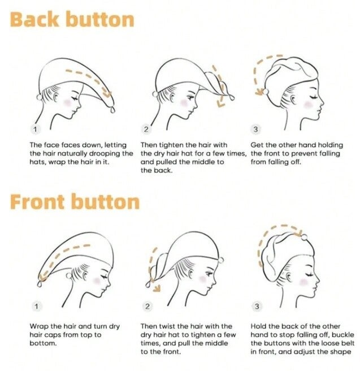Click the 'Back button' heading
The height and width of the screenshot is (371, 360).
click(72, 20)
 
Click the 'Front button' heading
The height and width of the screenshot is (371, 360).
click(75, 202)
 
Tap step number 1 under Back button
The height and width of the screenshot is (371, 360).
click(36, 130)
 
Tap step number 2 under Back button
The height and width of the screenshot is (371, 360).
click(146, 130)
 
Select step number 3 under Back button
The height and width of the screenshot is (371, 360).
click(255, 130)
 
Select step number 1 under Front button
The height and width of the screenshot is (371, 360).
click(36, 307)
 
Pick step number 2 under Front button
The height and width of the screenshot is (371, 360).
click(148, 307)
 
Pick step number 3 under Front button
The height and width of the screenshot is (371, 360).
click(257, 307)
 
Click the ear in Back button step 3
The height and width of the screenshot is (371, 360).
click(293, 100)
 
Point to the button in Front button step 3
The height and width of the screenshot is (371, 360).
click(304, 237)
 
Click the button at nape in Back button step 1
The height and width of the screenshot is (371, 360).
click(39, 97)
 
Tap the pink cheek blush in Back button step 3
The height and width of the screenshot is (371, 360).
click(308, 104)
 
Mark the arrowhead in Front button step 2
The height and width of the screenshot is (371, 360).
click(157, 288)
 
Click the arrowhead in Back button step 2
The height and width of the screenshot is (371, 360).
click(221, 103)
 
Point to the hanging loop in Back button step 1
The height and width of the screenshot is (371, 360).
click(112, 110)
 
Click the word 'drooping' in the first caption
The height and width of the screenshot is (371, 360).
click(105, 154)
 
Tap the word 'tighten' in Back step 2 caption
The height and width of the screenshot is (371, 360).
click(173, 145)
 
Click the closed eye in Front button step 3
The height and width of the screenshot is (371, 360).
click(309, 274)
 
